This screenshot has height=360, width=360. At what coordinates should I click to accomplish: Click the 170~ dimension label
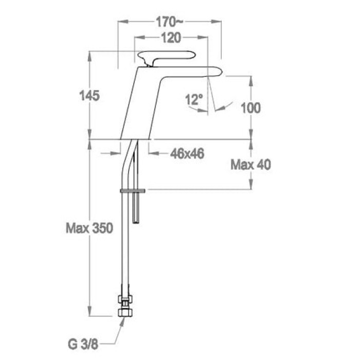(169, 22)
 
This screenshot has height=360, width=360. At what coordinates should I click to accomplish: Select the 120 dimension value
(171, 38)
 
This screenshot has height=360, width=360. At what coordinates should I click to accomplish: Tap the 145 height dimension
(89, 96)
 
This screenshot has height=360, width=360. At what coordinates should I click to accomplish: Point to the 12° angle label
(194, 99)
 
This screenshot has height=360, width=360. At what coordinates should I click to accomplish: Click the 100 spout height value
(251, 108)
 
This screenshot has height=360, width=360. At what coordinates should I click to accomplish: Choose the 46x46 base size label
(187, 154)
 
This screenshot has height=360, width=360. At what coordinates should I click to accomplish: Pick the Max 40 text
(251, 165)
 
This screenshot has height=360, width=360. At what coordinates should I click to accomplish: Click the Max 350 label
(89, 228)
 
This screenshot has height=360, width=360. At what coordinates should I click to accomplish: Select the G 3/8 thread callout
(83, 345)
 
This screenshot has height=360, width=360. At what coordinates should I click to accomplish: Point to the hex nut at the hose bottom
(125, 313)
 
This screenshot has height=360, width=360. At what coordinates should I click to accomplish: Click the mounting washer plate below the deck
(133, 191)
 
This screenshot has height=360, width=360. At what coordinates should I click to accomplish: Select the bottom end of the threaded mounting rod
(136, 222)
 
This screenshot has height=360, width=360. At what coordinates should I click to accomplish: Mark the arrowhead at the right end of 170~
(217, 22)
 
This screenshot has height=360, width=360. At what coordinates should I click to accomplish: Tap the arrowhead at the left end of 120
(139, 38)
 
